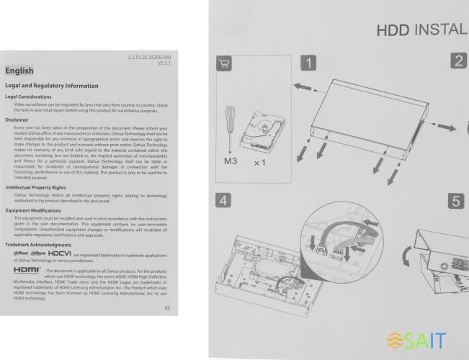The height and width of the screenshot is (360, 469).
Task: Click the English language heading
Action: [19, 71]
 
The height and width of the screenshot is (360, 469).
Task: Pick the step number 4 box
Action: [227, 199]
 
